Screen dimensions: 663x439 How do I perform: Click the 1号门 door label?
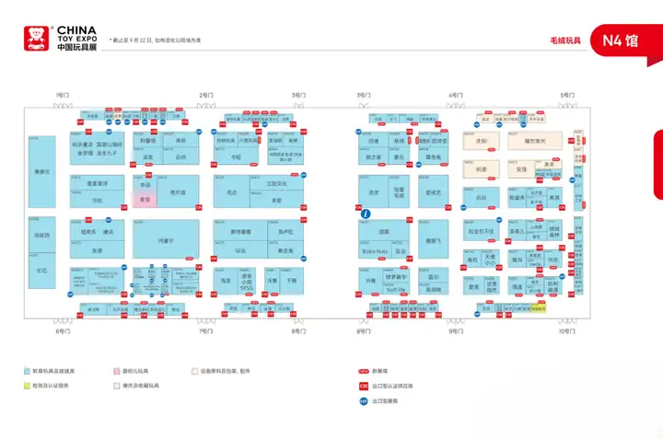coord(63,95)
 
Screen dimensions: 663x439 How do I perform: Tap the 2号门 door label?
coord(205,95)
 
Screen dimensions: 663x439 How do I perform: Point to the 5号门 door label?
coord(566,95)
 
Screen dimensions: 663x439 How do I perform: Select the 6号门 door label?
coord(63,330)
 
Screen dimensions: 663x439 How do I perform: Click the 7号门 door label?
coord(205,330)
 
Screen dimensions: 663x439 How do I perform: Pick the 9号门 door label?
coord(455,330)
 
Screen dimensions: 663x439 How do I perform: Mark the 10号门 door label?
coord(566,330)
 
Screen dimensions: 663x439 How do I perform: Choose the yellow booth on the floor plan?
coord(540,308)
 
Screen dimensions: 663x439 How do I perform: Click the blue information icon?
coord(366,214)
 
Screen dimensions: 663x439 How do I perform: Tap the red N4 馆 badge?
coord(620,40)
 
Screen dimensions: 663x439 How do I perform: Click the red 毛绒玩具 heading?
coord(565,40)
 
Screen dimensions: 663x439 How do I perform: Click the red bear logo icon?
coord(36,37)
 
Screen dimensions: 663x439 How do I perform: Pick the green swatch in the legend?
coord(27,386)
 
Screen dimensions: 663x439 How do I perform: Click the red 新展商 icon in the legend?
coord(364,371)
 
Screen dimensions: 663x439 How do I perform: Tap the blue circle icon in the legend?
coord(364,400)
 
